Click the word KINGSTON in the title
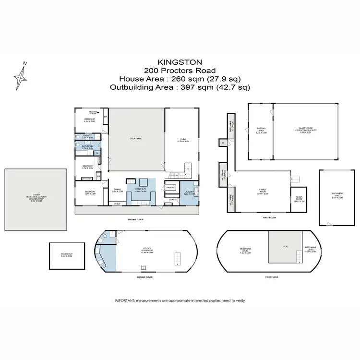tap(180, 62)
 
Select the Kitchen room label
tap(141, 190)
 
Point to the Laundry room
tap(188, 193)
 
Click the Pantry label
tap(170, 187)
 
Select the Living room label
tap(183, 140)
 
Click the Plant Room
tap(299, 200)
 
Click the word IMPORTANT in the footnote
tap(124, 300)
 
